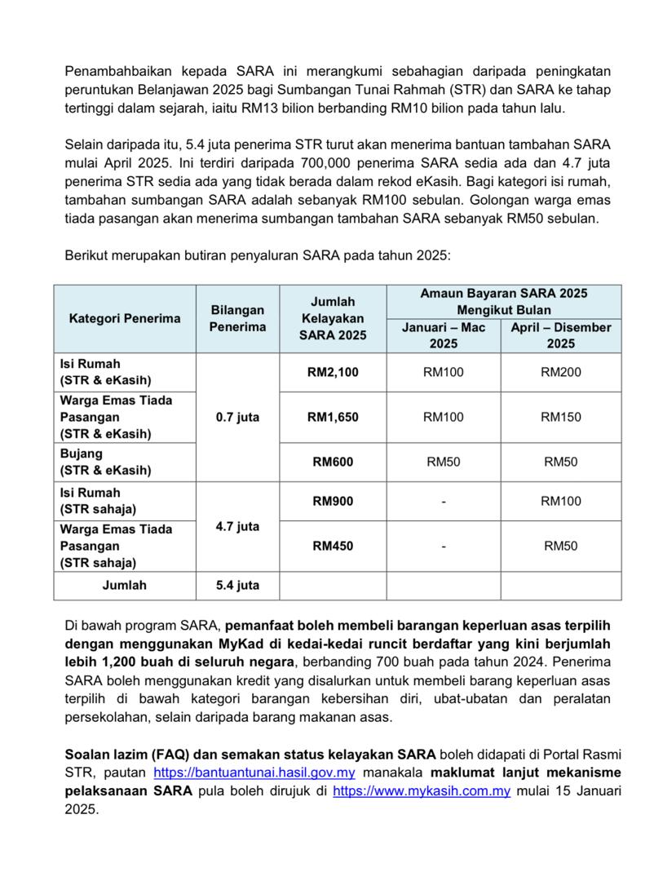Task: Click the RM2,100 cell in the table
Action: pos(333,373)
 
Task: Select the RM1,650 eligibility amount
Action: pos(333,418)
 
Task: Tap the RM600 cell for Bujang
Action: pos(333,462)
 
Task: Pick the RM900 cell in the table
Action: pos(333,501)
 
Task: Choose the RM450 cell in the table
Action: pos(333,546)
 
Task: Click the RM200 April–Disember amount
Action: pos(561,373)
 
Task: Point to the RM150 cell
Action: pos(561,418)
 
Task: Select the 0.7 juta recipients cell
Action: pos(237,418)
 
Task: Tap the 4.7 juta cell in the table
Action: pos(237,527)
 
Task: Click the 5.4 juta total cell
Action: pos(237,585)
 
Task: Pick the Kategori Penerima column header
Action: pos(125,318)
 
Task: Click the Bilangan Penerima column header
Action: pos(237,318)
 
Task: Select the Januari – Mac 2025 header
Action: pos(444,335)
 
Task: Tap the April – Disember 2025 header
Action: pos(561,335)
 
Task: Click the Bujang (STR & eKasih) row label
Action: pos(105,462)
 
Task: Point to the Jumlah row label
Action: pos(125,585)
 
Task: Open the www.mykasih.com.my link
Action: pos(422,791)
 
